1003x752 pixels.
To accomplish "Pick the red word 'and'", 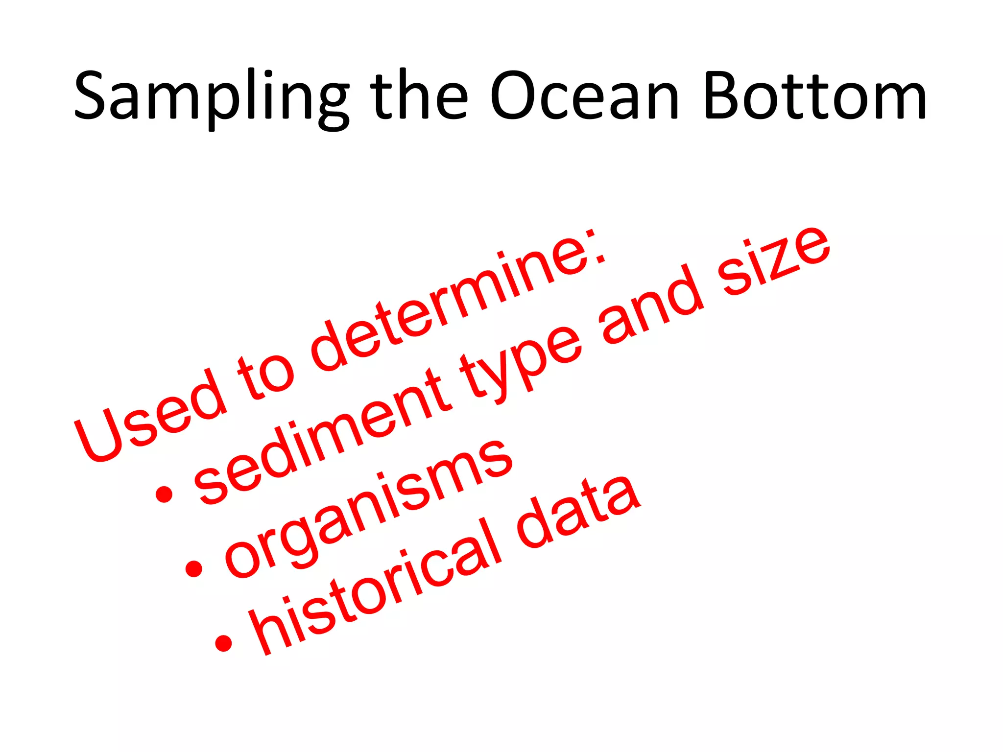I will click(651, 304).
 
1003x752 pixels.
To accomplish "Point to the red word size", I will click(774, 259).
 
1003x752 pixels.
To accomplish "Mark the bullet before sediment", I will click(164, 494).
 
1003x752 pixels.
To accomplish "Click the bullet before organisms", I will click(194, 568).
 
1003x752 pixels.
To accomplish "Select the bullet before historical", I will click(223, 643).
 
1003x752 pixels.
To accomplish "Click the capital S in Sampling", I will click(93, 95).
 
